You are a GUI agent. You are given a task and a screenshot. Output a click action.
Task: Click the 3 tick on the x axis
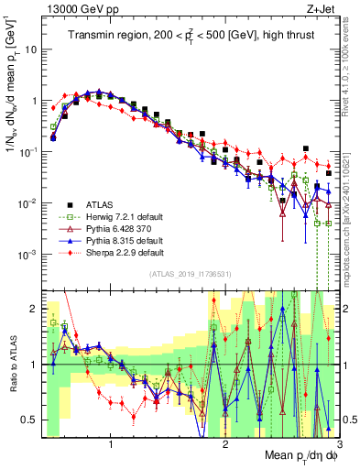click(x=339, y=445)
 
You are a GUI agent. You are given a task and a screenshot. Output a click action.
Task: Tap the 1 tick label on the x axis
click(x=112, y=445)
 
